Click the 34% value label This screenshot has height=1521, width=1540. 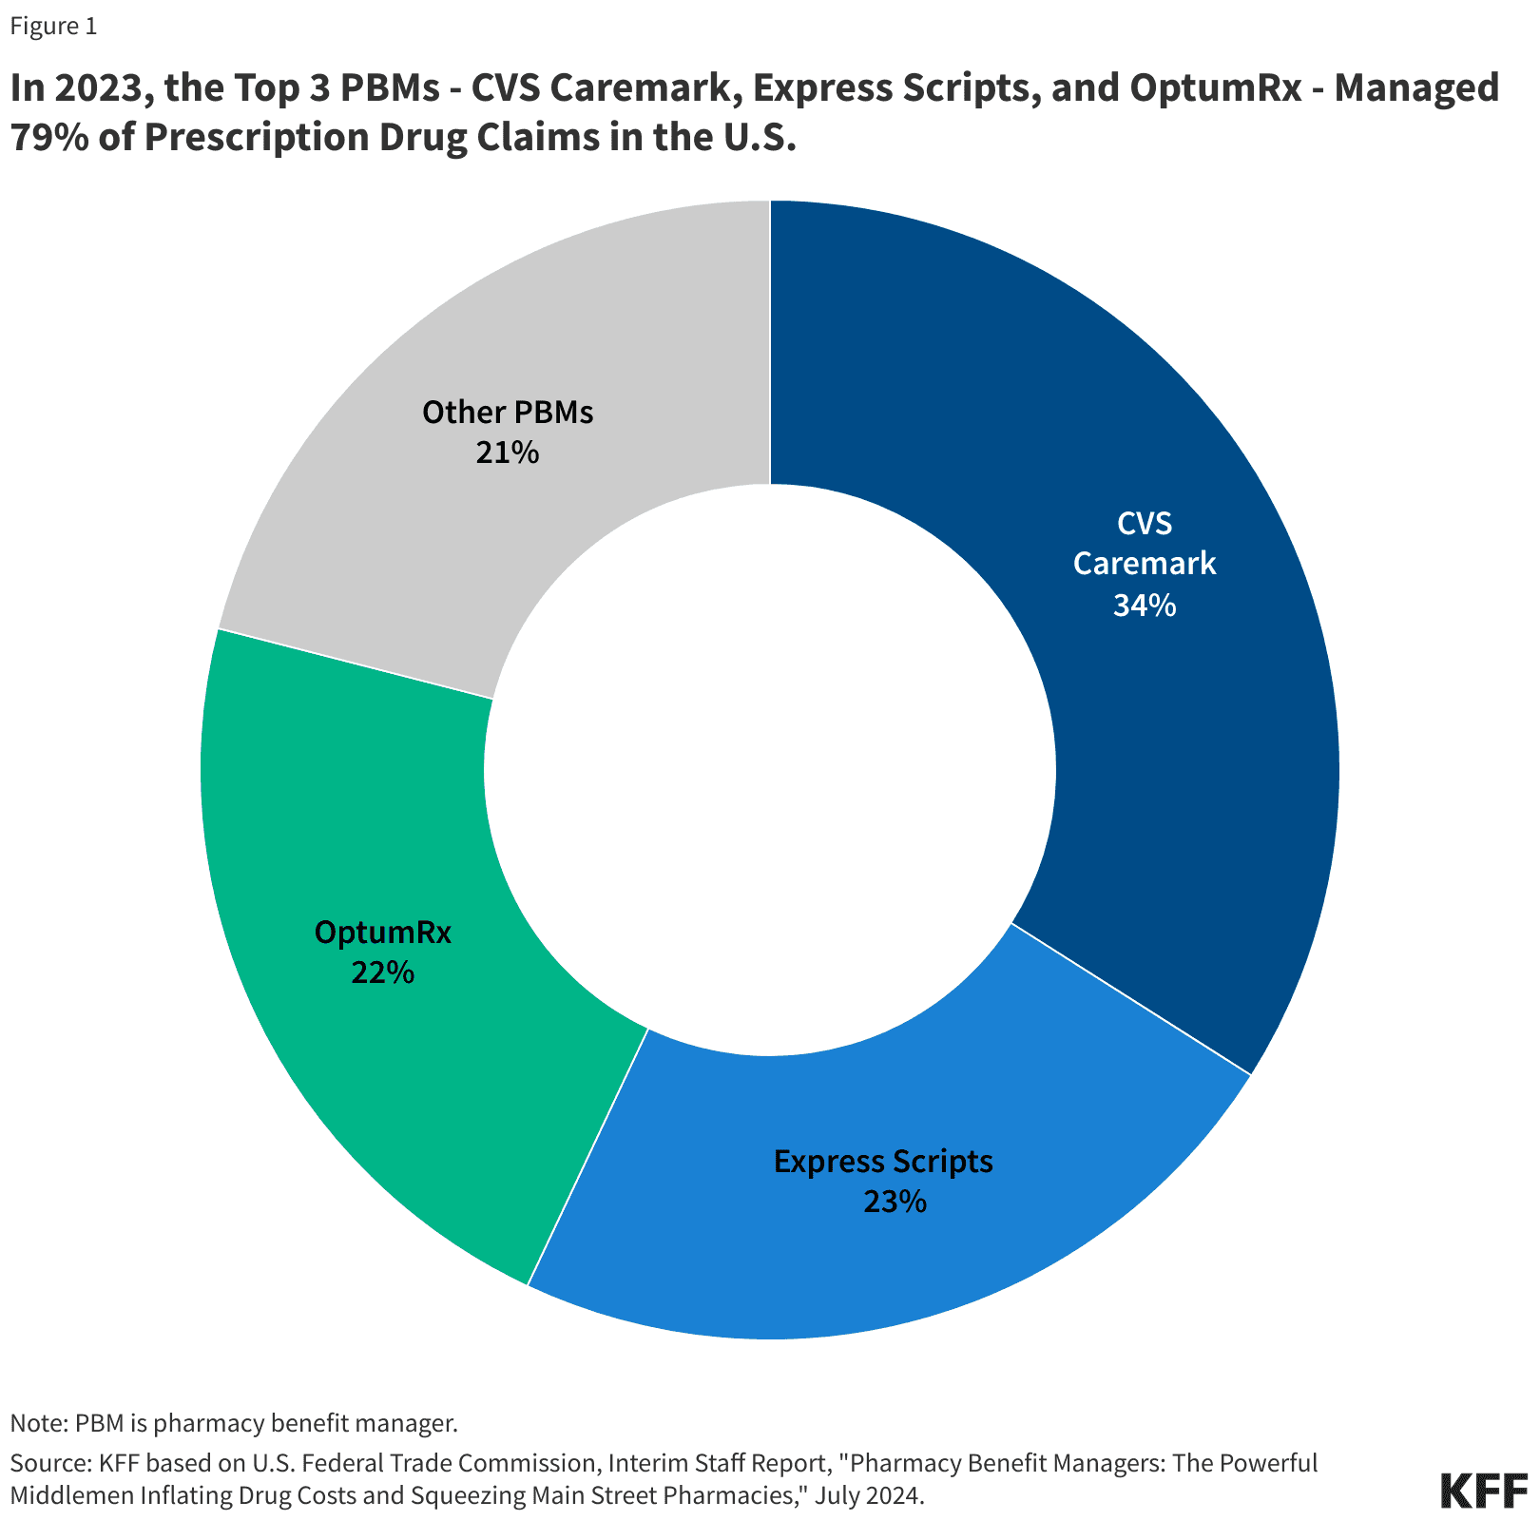click(1145, 606)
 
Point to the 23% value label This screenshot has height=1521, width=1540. click(895, 1203)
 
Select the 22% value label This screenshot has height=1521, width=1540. click(382, 972)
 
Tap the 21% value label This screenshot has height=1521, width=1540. click(508, 452)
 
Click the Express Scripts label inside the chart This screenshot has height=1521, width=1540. click(883, 1161)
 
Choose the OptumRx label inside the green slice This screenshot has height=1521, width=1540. click(383, 932)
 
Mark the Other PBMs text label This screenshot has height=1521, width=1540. click(508, 413)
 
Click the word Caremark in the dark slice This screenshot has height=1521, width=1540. click(1145, 564)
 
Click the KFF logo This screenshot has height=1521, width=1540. click(1484, 1491)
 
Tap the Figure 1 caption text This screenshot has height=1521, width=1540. click(53, 26)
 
